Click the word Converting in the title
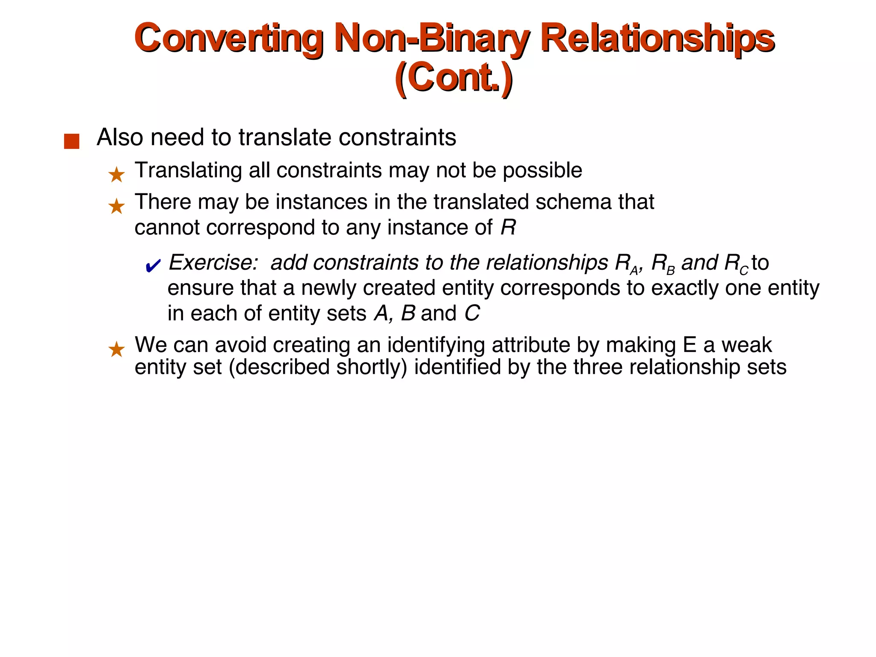point(228,38)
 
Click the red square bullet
point(71,141)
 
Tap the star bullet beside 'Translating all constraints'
point(116,175)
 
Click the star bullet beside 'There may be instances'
point(116,207)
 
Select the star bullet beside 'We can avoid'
point(116,349)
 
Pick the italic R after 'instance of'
point(508,228)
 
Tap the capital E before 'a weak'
point(690,345)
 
